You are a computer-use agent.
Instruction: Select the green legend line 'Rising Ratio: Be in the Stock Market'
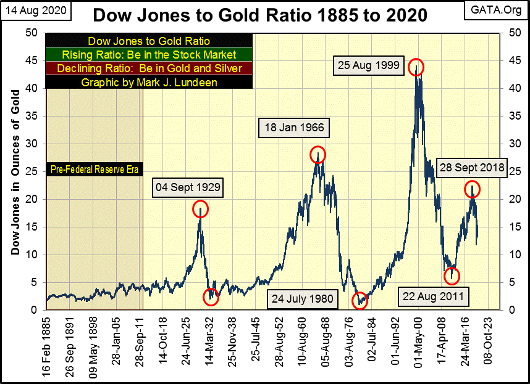tap(149, 55)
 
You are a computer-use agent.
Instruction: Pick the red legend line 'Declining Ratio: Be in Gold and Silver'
tap(149, 68)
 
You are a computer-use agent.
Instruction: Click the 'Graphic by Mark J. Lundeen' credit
tap(149, 82)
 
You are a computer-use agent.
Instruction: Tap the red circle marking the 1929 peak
tap(200, 210)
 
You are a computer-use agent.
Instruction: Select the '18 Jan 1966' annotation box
tap(295, 129)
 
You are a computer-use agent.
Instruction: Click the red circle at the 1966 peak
tap(318, 154)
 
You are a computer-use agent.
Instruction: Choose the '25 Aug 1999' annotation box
tap(369, 65)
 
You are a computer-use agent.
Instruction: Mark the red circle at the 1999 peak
tap(416, 68)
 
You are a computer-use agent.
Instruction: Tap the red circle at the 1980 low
tap(360, 301)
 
